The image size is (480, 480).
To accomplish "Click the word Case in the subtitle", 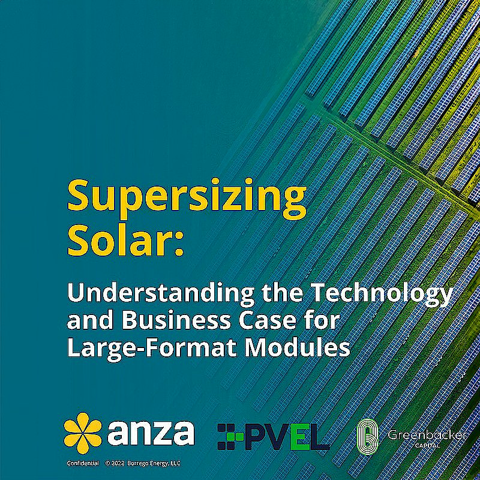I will [x=280, y=320].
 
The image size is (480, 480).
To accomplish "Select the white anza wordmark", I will [x=151, y=433].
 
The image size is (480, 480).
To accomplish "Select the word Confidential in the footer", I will [x=82, y=463].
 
